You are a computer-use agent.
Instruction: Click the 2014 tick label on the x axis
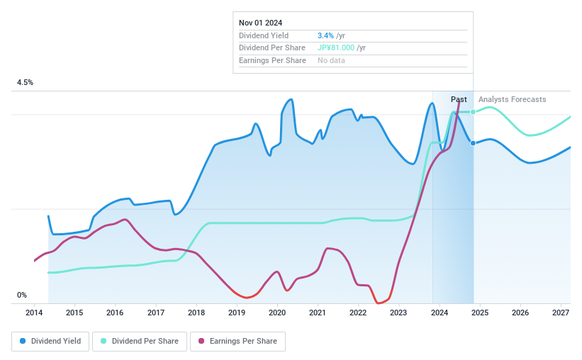(x=34, y=313)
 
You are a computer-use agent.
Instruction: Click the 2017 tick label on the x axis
(x=156, y=313)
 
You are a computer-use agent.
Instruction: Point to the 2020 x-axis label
(x=277, y=313)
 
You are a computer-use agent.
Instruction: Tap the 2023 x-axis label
(x=398, y=313)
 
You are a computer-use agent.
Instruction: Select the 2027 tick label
(x=561, y=313)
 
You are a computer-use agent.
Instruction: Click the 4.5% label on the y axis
(x=26, y=83)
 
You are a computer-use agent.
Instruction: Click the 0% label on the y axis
(x=22, y=296)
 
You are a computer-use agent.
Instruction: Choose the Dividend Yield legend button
(x=50, y=342)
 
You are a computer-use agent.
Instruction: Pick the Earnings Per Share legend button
(x=237, y=342)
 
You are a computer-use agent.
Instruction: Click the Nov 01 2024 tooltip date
(x=262, y=23)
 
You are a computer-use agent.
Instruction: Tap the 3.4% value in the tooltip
(x=325, y=35)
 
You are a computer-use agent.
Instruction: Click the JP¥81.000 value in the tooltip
(x=336, y=48)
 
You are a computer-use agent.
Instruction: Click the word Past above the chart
(x=459, y=100)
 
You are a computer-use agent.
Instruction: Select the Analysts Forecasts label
(x=512, y=100)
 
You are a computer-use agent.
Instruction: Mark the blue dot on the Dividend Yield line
(x=473, y=143)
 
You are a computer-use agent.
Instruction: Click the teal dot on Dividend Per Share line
(x=473, y=112)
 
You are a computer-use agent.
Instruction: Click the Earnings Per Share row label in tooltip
(x=272, y=61)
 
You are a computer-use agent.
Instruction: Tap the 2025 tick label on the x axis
(x=480, y=313)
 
